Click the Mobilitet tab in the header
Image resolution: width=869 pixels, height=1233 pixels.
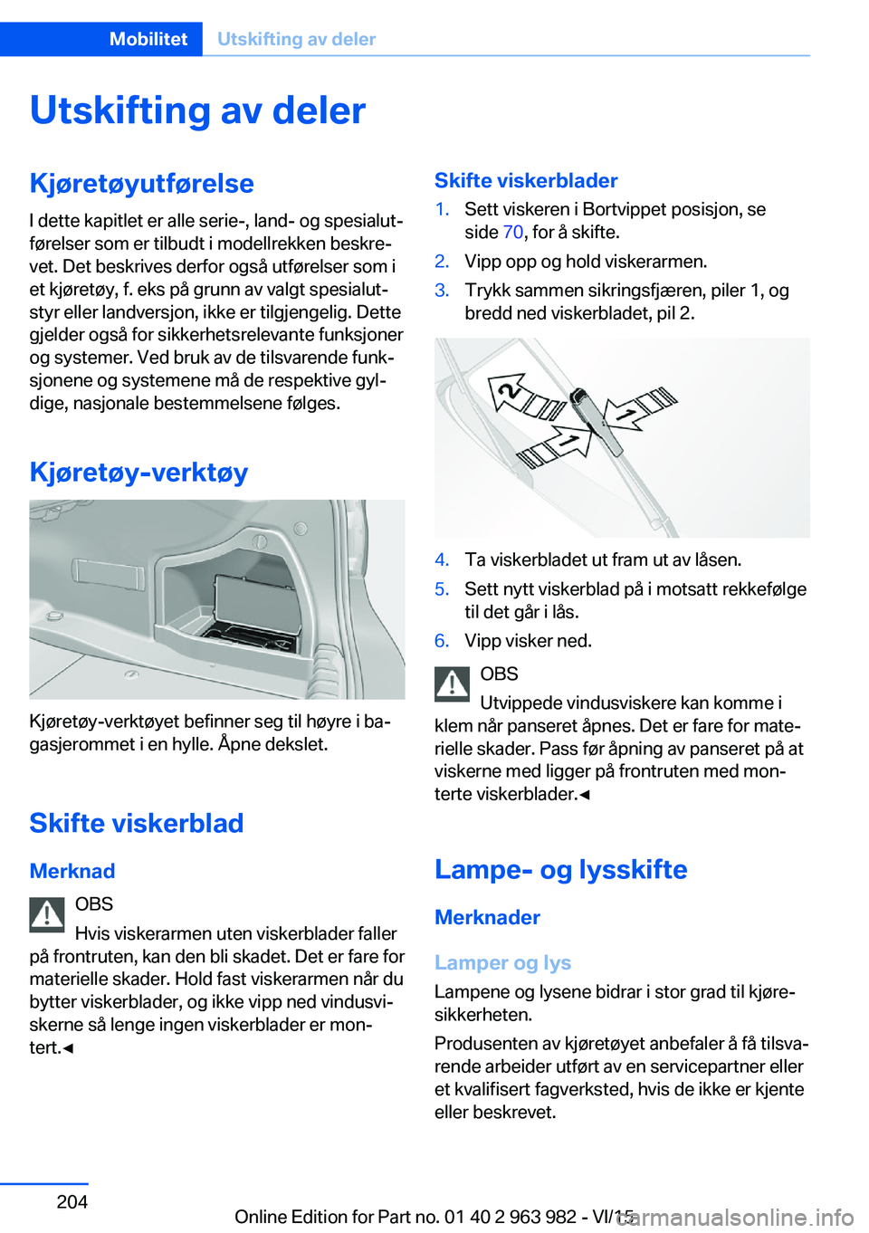pos(148,39)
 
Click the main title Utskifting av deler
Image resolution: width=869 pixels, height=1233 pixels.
pos(197,110)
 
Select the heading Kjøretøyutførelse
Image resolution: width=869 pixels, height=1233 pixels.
pos(141,183)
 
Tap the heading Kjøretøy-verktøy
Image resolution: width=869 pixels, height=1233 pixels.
pos(138,472)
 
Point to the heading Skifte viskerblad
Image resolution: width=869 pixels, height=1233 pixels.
pos(137,823)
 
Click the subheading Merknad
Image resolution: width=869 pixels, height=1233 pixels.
pos(72,871)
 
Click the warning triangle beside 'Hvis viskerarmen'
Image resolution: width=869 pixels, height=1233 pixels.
pos(47,914)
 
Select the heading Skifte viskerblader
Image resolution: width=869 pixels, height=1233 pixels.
pos(526,180)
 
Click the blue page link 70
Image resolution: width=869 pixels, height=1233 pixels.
pos(512,233)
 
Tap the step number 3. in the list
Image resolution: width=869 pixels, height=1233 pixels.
pos(442,291)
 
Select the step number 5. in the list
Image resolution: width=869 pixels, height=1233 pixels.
pos(442,589)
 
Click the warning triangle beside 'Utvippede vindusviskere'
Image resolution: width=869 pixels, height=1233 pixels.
pos(452,684)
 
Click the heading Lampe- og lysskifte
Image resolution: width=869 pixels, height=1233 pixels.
pos(560,869)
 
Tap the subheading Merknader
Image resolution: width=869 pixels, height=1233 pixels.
pos(487,917)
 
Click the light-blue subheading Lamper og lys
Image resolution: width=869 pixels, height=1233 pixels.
pos(502,962)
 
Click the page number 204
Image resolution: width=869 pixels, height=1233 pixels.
pos(72,1201)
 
